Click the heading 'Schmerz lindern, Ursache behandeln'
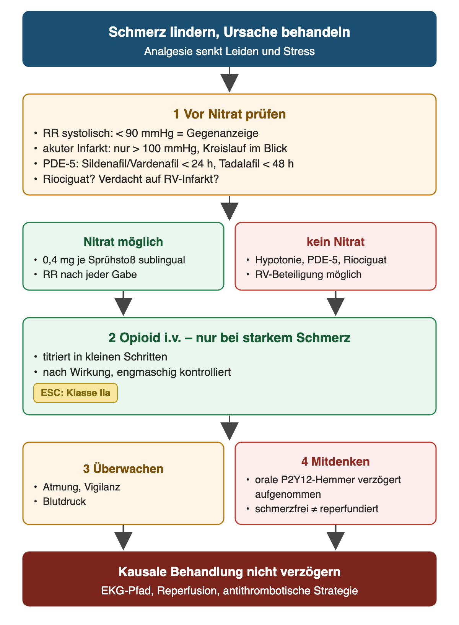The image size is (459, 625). point(229,32)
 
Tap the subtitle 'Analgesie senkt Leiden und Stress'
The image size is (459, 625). point(229,52)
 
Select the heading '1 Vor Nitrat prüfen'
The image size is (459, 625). point(229,114)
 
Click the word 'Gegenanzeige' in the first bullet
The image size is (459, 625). point(222,133)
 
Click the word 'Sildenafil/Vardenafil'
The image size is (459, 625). point(130,164)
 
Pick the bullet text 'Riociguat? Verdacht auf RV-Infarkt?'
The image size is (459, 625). point(131,179)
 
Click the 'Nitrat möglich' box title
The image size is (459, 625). point(123,242)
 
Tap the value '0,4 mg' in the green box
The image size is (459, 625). point(59,260)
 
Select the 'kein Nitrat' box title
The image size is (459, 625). point(335,242)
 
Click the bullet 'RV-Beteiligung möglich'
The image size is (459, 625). point(308,274)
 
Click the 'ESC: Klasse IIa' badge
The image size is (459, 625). point(75,393)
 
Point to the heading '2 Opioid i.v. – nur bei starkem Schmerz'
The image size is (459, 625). point(229,338)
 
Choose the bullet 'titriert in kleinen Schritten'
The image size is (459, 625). point(105,357)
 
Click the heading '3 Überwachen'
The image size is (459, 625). point(123,469)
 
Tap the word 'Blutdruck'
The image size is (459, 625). point(64,502)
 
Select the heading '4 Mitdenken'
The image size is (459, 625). point(335,461)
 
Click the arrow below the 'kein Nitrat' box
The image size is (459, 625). point(335,303)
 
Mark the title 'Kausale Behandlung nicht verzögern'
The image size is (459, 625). point(229,572)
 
